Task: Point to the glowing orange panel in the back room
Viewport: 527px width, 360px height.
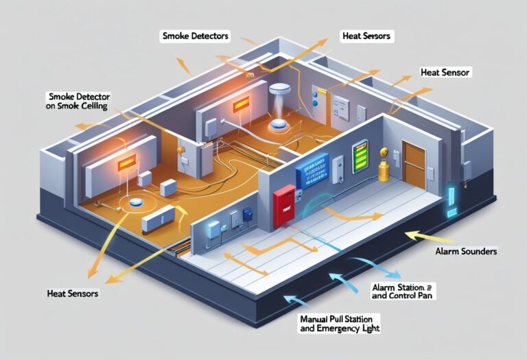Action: pos(241,106)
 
